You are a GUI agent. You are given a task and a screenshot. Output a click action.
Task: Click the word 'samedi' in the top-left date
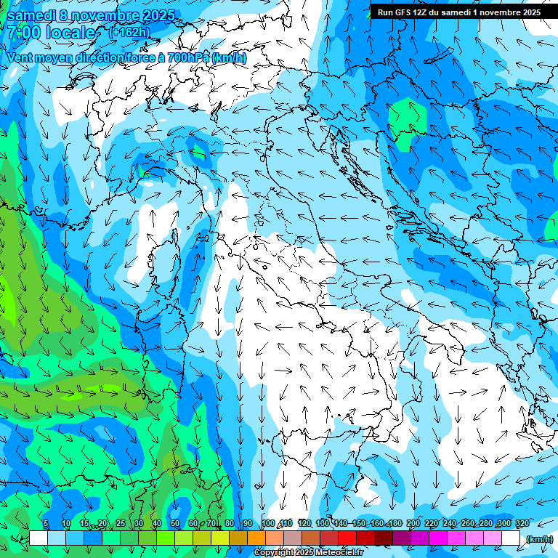click(31, 15)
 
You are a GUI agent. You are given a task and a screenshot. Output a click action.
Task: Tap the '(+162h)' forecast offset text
click(129, 32)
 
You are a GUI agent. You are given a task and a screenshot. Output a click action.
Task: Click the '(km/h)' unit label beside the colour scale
click(538, 539)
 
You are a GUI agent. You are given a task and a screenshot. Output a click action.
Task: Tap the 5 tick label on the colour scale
click(46, 524)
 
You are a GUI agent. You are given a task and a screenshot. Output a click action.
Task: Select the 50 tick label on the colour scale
click(174, 524)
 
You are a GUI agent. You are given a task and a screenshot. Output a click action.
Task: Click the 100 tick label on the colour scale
click(267, 524)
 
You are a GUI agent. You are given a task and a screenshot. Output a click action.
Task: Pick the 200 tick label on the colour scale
click(413, 524)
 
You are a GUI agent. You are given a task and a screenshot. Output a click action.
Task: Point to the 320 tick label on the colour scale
click(522, 524)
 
